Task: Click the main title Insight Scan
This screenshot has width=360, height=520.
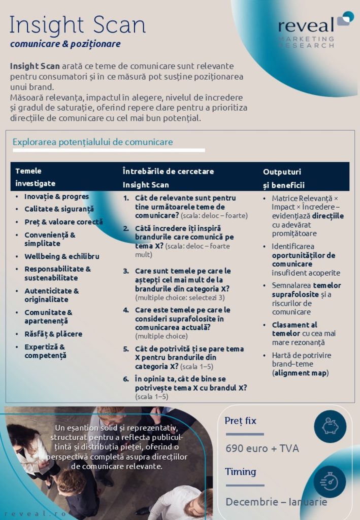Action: point(78,25)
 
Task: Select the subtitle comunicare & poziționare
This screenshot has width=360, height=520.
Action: point(65,44)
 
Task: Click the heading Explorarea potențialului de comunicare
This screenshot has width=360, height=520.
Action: point(92,142)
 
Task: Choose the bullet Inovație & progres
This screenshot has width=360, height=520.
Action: point(56,197)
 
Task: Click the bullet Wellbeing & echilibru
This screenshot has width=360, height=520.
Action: point(61,256)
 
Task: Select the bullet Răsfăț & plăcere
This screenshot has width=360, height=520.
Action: point(53,334)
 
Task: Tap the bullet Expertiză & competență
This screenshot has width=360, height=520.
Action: point(45,351)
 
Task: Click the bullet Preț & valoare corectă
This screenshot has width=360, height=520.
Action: point(63,222)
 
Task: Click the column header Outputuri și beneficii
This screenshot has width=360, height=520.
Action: point(283,178)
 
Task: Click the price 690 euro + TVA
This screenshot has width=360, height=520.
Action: point(262,448)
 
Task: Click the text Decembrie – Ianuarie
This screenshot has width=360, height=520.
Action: point(276,502)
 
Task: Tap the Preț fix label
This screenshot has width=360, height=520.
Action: point(241,421)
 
